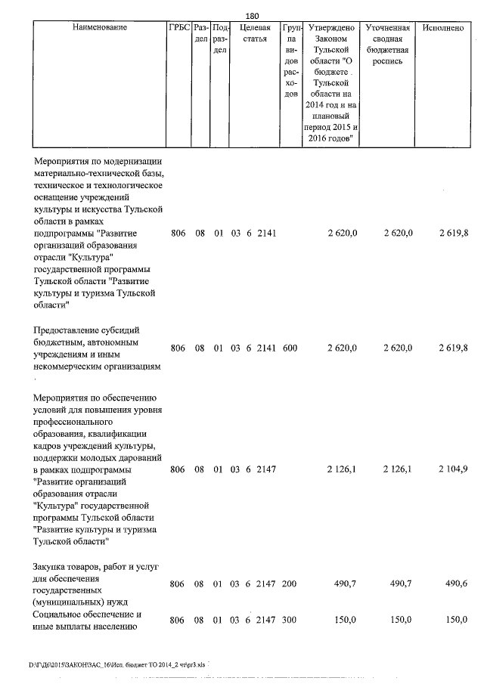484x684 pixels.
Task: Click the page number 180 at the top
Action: [253, 15]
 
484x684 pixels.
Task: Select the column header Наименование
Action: [100, 27]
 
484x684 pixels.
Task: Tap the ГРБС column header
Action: [178, 27]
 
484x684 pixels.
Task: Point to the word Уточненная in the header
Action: [387, 27]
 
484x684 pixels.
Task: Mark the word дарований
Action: [141, 457]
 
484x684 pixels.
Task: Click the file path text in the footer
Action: [116, 665]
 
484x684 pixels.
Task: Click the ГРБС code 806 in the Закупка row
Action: [178, 584]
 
